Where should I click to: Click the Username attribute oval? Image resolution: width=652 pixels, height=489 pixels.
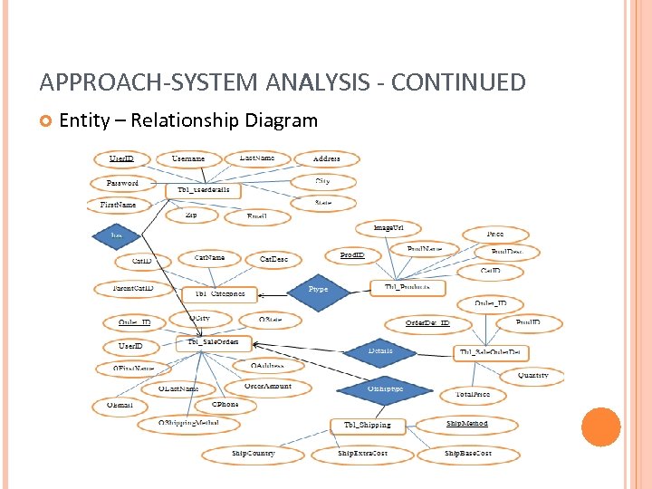tap(188, 158)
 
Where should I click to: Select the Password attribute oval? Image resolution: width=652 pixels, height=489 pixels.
tap(122, 182)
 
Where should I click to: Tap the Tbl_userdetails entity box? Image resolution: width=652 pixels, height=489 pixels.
tap(203, 191)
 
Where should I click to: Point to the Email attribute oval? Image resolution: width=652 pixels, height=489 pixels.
tap(256, 216)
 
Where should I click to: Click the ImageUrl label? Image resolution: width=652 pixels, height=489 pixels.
tap(388, 227)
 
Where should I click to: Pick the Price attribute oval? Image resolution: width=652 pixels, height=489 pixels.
tap(494, 235)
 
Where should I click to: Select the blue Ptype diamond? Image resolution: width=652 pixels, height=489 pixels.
tap(318, 289)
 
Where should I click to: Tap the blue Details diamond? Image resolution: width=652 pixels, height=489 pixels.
tap(380, 350)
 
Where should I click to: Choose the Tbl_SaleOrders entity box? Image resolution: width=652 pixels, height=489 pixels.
tap(214, 342)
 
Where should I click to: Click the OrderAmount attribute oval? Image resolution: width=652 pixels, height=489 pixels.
tap(267, 387)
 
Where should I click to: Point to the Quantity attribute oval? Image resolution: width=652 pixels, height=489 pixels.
tap(532, 375)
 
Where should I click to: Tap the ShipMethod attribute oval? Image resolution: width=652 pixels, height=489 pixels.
tap(466, 424)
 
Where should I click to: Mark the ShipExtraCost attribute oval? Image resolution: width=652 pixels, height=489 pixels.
tap(362, 453)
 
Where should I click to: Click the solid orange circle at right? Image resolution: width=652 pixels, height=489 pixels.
tap(600, 427)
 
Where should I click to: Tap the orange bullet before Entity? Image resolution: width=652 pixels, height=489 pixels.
tap(46, 120)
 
